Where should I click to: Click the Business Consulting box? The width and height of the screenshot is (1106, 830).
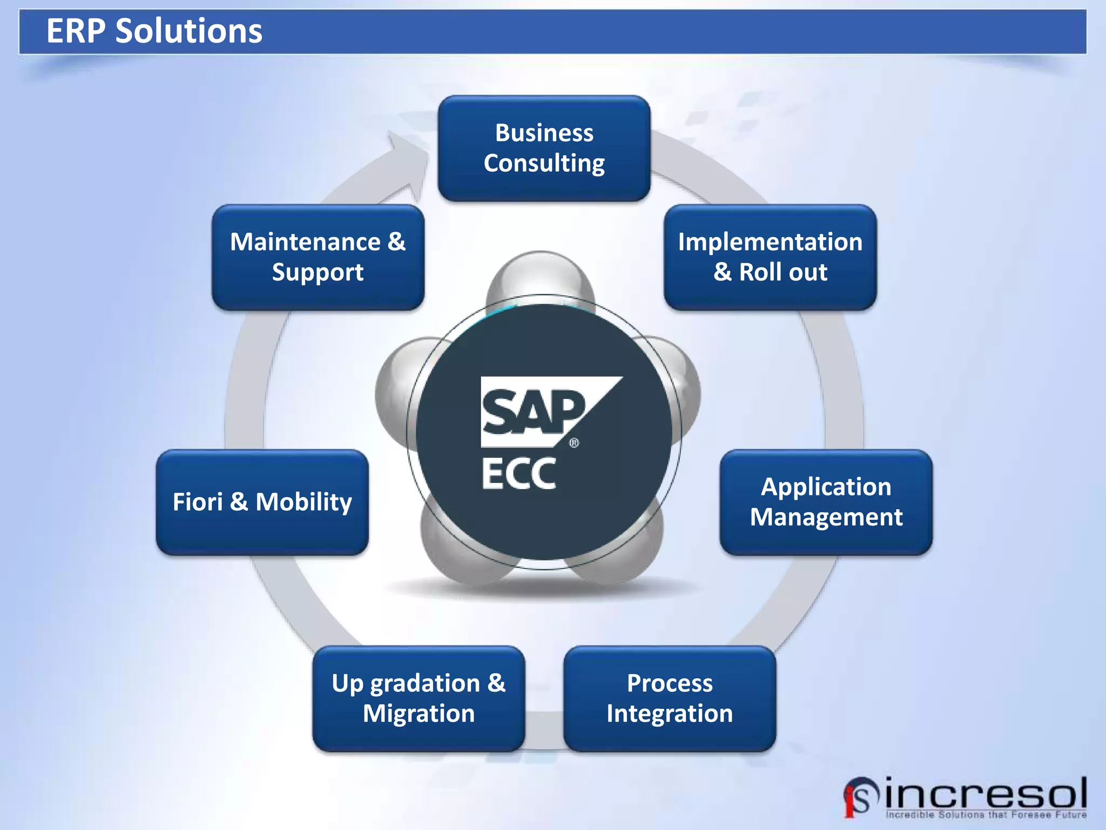(544, 148)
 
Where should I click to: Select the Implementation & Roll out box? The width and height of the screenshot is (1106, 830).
(770, 257)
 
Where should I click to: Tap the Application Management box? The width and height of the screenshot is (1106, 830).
(826, 502)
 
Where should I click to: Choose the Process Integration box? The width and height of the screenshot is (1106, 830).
(670, 698)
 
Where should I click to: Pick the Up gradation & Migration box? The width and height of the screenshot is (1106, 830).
(419, 698)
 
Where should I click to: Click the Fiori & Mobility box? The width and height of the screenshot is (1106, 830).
(262, 502)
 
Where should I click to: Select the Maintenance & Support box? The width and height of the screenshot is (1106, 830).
(318, 257)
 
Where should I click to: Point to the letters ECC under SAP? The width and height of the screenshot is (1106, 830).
(518, 474)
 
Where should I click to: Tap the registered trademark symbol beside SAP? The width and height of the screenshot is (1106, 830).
(574, 443)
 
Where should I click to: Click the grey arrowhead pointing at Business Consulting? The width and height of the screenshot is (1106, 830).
(408, 162)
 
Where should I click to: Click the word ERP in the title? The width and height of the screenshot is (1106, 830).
(76, 31)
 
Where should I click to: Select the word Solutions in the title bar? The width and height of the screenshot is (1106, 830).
(189, 31)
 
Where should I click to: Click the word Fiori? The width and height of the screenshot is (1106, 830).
(198, 502)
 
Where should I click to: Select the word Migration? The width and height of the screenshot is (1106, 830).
(419, 713)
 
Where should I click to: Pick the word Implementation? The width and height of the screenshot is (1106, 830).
(770, 242)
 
